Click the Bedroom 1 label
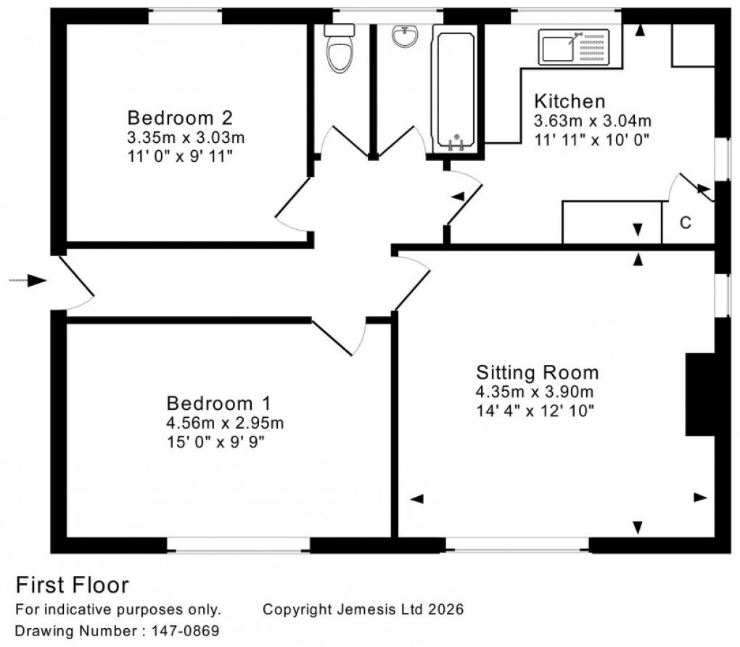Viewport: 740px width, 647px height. (218, 403)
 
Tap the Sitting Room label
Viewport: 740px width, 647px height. (537, 373)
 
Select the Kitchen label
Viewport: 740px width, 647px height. (570, 101)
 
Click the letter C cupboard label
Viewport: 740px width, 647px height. (684, 223)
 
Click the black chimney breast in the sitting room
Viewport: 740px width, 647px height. (700, 395)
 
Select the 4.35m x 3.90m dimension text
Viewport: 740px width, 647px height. (535, 393)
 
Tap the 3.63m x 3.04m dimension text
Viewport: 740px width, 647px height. (593, 120)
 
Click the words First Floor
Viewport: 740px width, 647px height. (72, 585)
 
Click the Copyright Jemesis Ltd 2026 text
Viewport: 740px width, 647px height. (363, 610)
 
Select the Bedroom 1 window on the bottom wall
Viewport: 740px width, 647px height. (239, 546)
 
